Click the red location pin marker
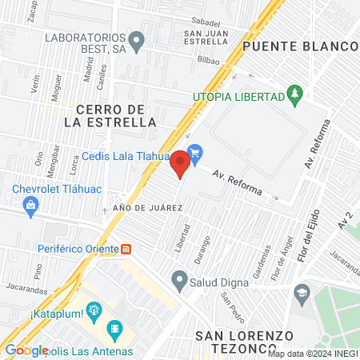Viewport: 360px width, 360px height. click(180, 164)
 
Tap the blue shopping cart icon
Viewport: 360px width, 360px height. click(194, 151)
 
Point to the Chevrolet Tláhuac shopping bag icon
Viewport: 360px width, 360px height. click(30, 206)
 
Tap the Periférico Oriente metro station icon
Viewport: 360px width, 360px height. click(126, 250)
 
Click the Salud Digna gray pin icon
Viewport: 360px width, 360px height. click(178, 281)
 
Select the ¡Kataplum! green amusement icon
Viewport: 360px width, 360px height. click(94, 310)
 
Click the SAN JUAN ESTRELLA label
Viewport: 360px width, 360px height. click(207, 37)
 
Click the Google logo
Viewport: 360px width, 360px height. click(26, 350)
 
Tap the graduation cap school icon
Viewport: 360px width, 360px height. click(301, 291)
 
